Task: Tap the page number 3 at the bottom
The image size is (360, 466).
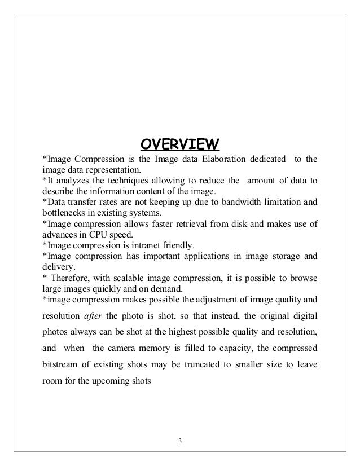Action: (179, 441)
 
